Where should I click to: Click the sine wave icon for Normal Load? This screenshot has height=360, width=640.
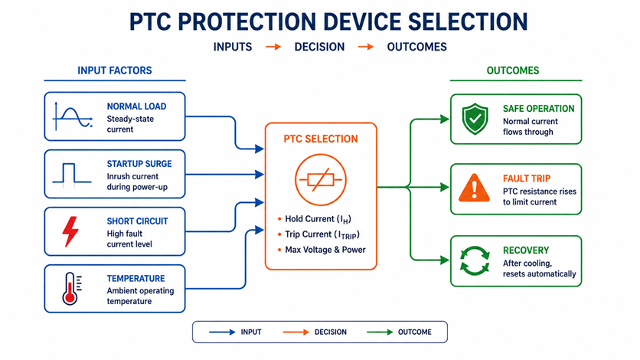pos(73,116)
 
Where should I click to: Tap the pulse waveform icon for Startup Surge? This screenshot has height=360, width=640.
pos(72,175)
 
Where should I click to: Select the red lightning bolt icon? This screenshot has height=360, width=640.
pos(70,231)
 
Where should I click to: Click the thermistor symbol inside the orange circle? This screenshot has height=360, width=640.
pos(321,179)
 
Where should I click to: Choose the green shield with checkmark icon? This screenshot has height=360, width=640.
pos(475,119)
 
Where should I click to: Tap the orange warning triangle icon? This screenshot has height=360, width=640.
pos(475,188)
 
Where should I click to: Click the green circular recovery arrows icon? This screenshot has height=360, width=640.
pos(475,260)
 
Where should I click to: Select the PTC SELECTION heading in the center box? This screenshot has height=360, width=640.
pos(321,139)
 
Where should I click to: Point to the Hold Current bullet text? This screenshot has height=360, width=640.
pos(318,219)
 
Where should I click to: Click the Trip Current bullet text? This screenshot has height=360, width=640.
pos(322,234)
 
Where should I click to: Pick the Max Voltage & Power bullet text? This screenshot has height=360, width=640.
pos(325,250)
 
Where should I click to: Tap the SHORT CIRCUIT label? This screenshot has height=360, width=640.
pos(137,221)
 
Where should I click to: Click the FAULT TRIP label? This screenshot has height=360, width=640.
pos(527,178)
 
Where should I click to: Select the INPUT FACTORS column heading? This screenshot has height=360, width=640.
pos(115,70)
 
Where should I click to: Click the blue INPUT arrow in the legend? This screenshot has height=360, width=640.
pos(222,332)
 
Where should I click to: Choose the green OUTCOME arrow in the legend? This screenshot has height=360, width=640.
pos(380,332)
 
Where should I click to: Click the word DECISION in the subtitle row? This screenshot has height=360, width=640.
pos(319,47)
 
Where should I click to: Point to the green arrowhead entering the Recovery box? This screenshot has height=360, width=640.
pos(445,260)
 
